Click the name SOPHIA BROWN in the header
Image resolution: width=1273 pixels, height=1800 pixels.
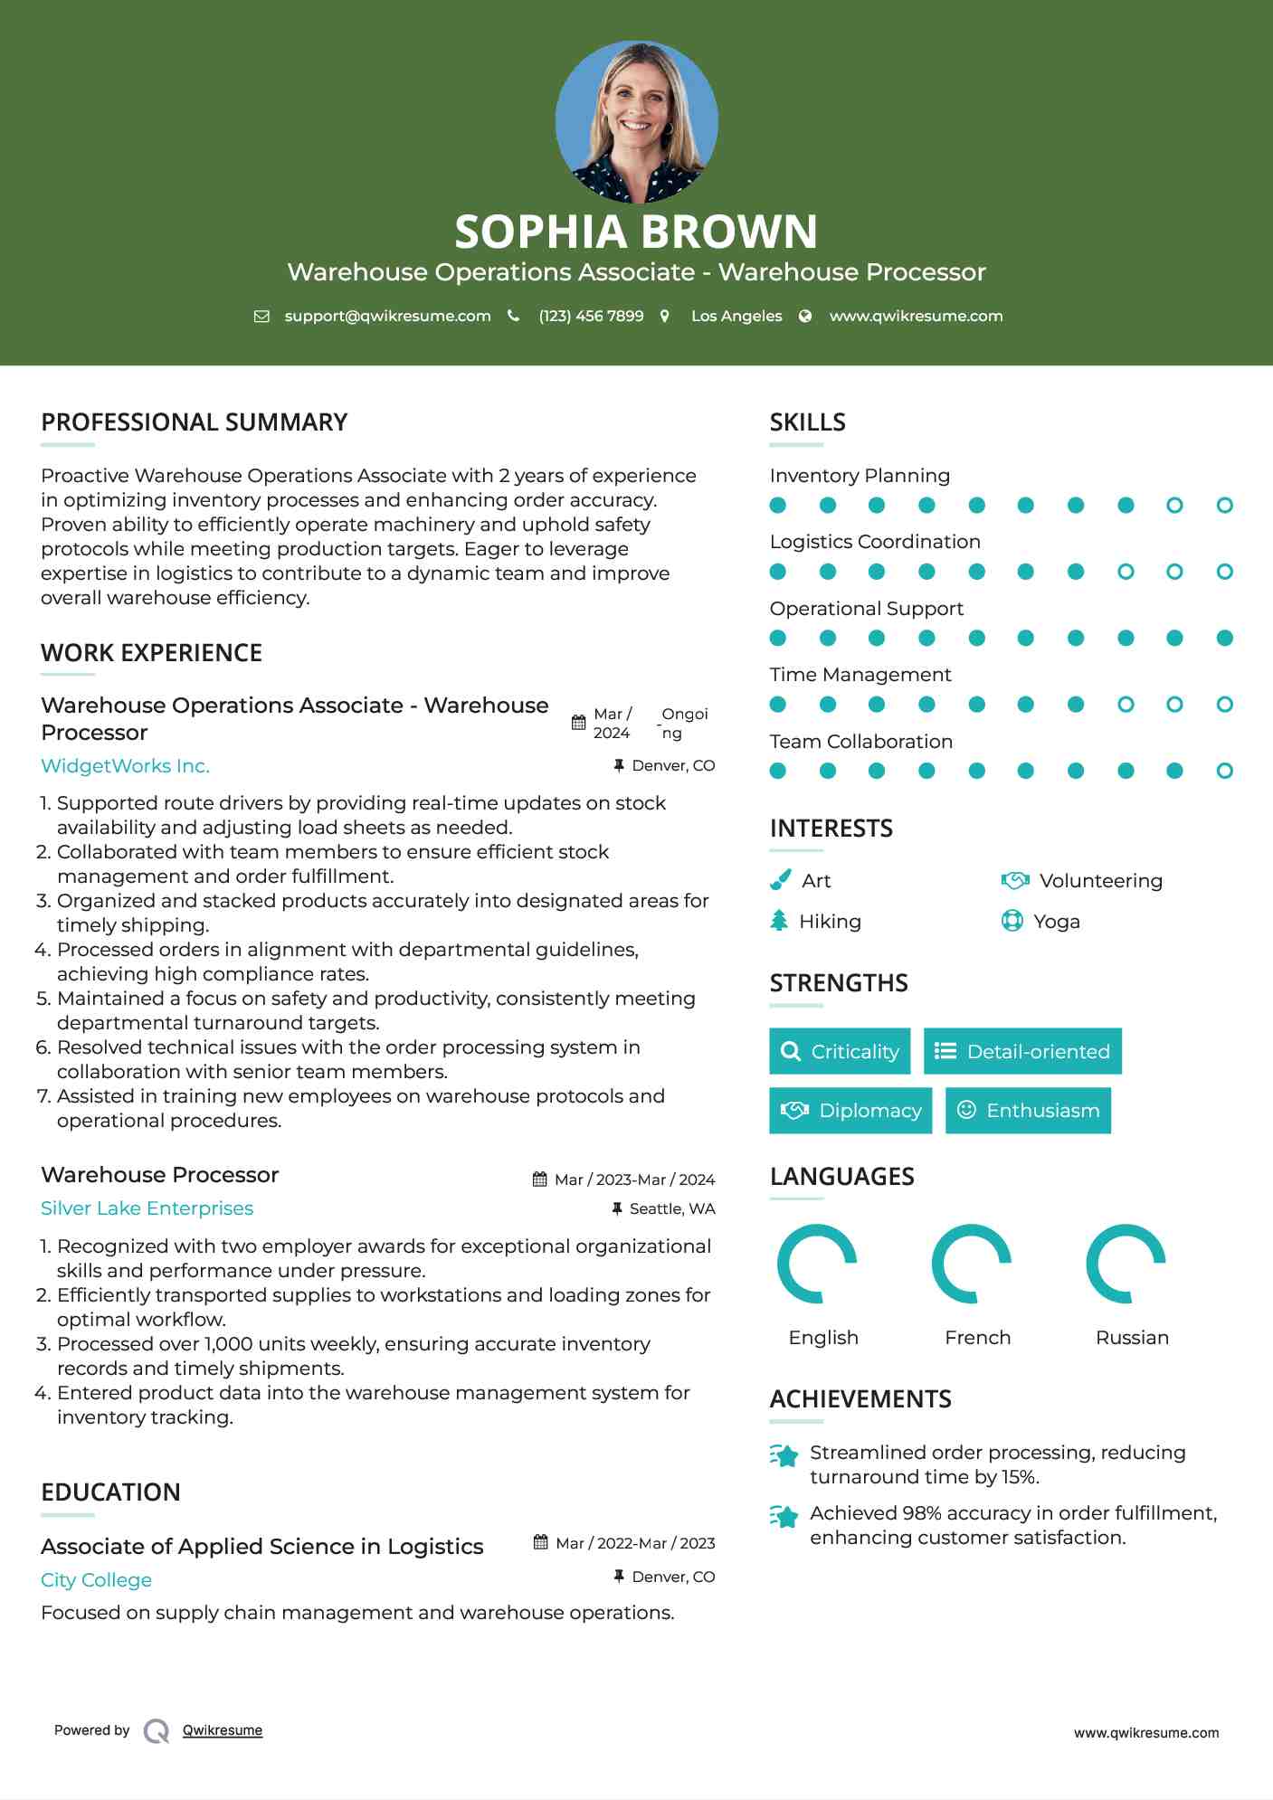(x=636, y=232)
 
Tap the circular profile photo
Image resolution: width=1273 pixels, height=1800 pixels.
(x=636, y=121)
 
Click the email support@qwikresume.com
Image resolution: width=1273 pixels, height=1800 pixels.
(x=387, y=316)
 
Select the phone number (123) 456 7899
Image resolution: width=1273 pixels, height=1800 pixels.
(x=591, y=316)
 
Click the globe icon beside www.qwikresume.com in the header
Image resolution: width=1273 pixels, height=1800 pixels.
(x=805, y=316)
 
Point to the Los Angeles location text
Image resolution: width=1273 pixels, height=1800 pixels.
(x=736, y=316)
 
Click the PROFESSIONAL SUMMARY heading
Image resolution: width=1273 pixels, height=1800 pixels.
(x=194, y=422)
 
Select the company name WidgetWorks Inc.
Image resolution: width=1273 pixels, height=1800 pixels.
(x=125, y=766)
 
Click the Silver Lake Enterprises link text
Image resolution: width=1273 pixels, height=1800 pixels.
(x=147, y=1208)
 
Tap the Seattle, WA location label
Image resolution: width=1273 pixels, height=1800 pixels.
(x=671, y=1209)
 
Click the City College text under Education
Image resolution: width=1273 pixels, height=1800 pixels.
(x=96, y=1580)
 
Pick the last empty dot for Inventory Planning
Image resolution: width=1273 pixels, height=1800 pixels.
(x=1224, y=506)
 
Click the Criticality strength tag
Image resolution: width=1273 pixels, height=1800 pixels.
(x=840, y=1051)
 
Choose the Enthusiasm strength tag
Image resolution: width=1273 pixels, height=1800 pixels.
(x=1028, y=1111)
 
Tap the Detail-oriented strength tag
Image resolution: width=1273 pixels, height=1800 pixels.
(x=1022, y=1051)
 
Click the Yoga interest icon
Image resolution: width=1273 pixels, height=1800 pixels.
(x=1012, y=921)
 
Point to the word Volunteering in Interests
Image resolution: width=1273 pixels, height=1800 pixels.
(x=1100, y=881)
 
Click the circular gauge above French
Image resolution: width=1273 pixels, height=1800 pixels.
(x=972, y=1264)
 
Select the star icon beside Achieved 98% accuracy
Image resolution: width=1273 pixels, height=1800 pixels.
(x=784, y=1517)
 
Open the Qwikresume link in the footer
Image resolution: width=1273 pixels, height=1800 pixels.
(x=222, y=1730)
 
